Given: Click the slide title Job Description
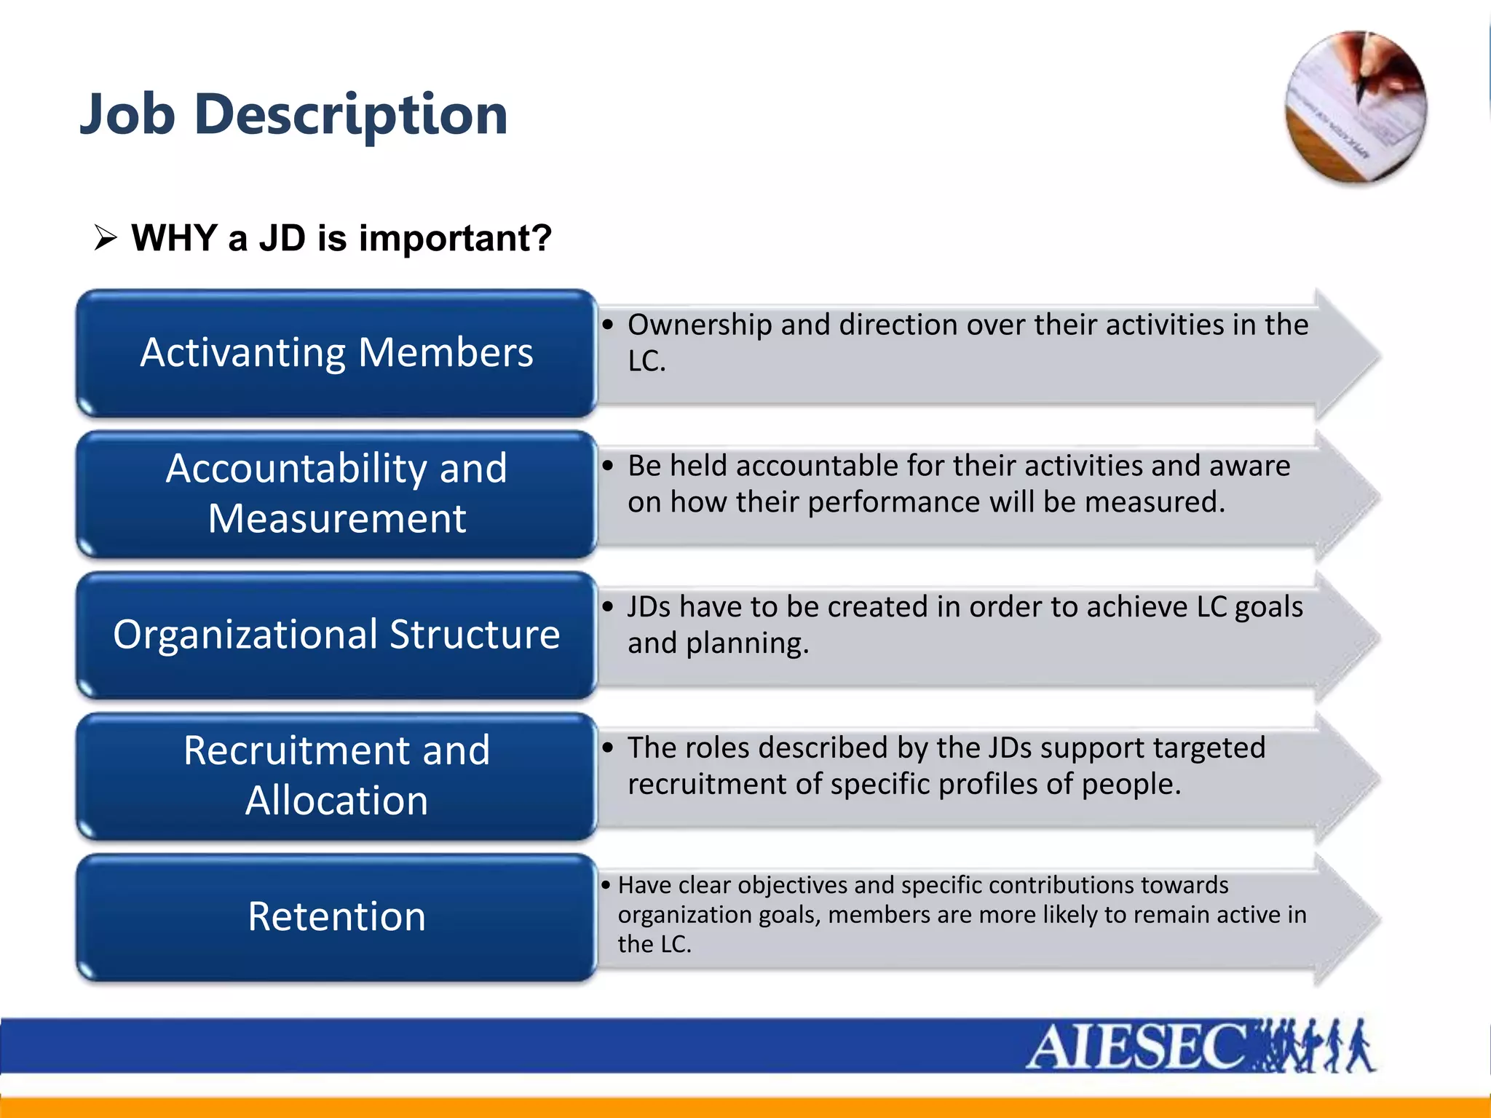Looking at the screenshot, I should pyautogui.click(x=293, y=115).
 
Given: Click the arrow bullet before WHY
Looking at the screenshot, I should pyautogui.click(x=106, y=238).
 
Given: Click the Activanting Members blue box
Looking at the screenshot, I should pyautogui.click(x=336, y=353).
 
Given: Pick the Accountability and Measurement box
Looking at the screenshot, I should pyautogui.click(x=336, y=493).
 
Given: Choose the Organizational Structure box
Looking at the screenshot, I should pyautogui.click(x=336, y=635).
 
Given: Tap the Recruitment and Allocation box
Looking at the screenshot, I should pyautogui.click(x=336, y=776).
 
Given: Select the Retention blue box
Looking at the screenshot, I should pyautogui.click(x=336, y=916).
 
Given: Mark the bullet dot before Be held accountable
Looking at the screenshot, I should pyautogui.click(x=608, y=466).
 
